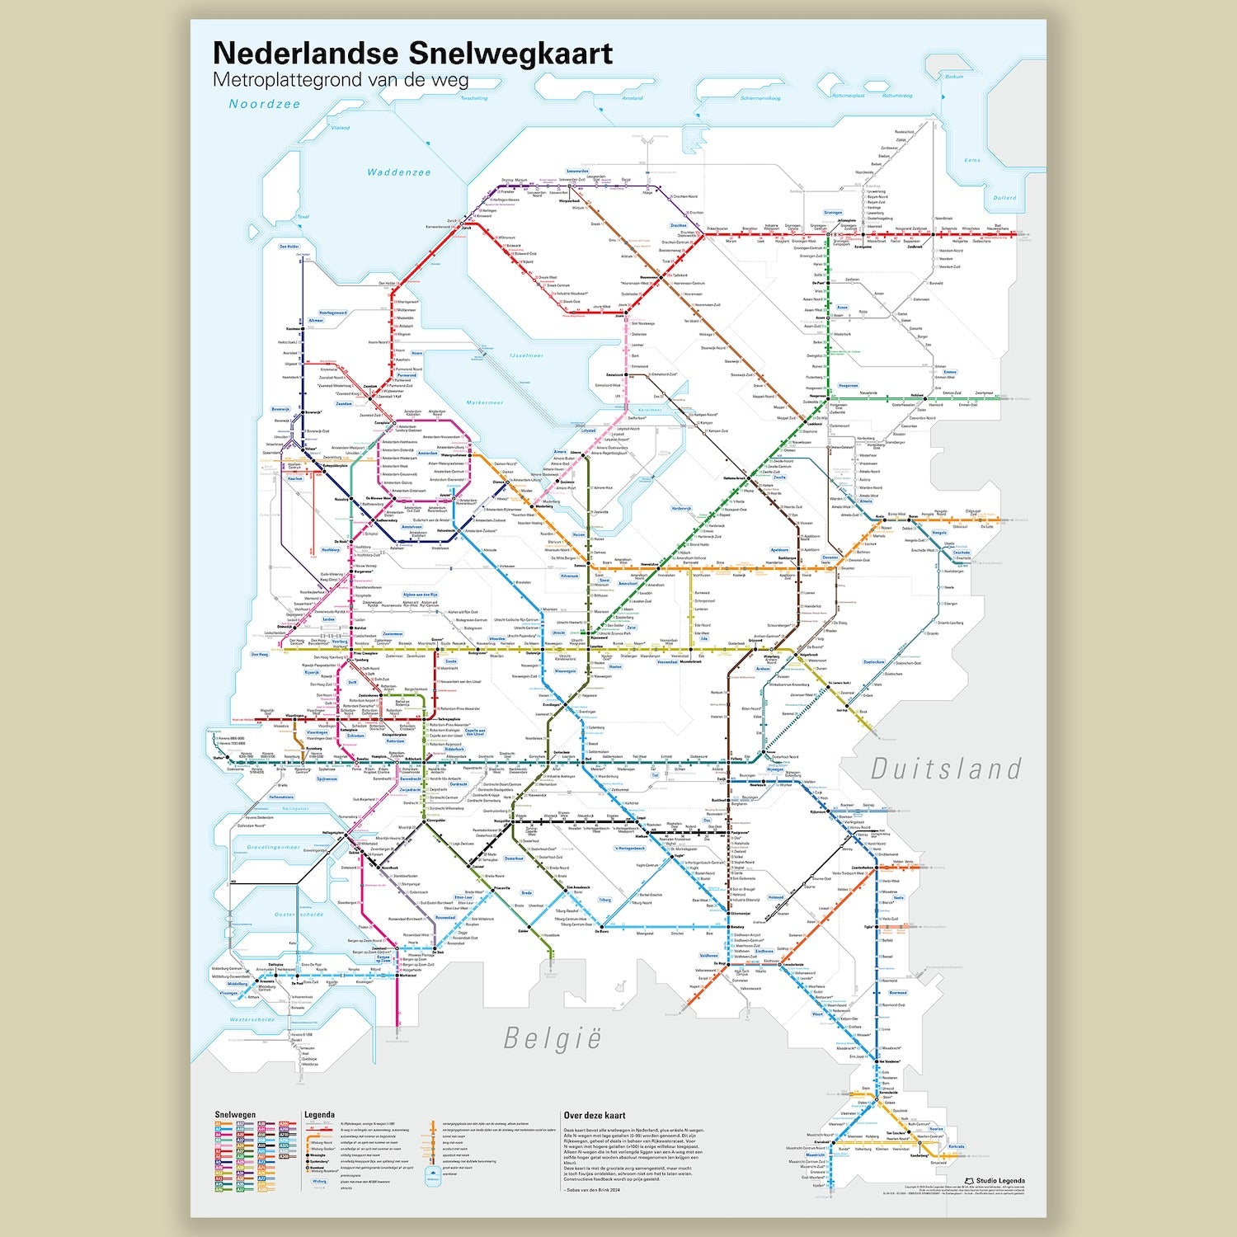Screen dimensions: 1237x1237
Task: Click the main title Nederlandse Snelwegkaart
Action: pyautogui.click(x=412, y=53)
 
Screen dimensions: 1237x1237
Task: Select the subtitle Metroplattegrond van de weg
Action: pyautogui.click(x=341, y=80)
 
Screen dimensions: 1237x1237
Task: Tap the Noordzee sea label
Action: pyautogui.click(x=265, y=104)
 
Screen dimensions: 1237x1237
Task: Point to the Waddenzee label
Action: pyautogui.click(x=399, y=172)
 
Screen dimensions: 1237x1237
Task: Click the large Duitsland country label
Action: pyautogui.click(x=947, y=769)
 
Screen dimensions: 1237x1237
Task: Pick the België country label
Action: pyautogui.click(x=553, y=1038)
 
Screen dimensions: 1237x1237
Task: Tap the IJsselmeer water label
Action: pyautogui.click(x=526, y=355)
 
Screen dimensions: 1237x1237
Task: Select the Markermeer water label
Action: pyautogui.click(x=484, y=402)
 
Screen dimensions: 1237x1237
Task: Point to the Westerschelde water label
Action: pyautogui.click(x=252, y=1019)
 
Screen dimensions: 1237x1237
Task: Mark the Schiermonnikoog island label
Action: pyautogui.click(x=760, y=98)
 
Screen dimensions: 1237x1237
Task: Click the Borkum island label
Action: pyautogui.click(x=954, y=77)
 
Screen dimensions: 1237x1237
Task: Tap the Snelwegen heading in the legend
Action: pyautogui.click(x=235, y=1115)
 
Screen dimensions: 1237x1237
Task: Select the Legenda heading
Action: pyautogui.click(x=319, y=1115)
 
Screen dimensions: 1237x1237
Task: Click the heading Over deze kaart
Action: pyautogui.click(x=595, y=1116)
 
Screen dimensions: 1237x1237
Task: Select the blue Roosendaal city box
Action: pyautogui.click(x=445, y=917)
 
